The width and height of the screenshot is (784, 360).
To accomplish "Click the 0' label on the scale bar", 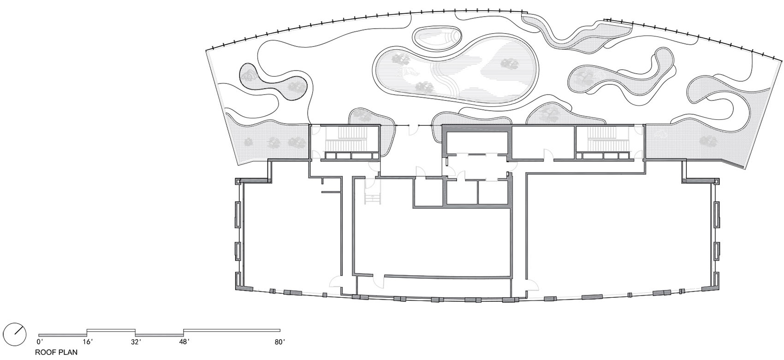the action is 40,342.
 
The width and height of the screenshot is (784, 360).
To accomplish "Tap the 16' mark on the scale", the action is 87,342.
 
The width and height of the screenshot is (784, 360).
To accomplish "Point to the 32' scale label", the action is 136,342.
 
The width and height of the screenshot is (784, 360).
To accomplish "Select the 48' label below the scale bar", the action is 184,342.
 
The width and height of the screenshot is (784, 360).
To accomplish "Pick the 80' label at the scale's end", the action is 280,342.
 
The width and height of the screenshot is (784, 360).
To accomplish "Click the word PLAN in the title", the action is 67,352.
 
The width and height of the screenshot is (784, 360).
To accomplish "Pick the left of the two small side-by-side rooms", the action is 463,192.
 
